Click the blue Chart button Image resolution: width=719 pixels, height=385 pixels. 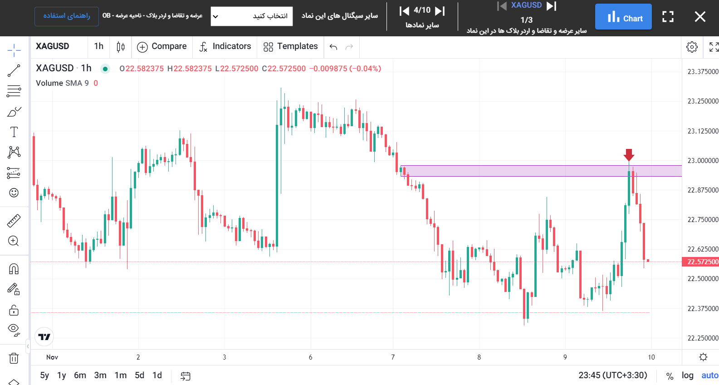(x=623, y=17)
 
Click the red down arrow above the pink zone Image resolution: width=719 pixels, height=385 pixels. (x=629, y=155)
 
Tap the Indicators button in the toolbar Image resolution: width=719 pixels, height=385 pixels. (x=225, y=46)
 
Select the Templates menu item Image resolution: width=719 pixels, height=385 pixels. (x=291, y=46)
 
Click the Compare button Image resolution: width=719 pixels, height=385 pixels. (x=162, y=46)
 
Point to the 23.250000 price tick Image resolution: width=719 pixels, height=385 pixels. (x=703, y=101)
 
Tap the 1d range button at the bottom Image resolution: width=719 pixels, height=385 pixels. (x=157, y=375)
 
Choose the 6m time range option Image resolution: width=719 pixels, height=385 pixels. (x=80, y=375)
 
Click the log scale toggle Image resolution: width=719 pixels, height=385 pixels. (x=687, y=375)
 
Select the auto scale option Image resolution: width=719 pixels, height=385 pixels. (x=709, y=375)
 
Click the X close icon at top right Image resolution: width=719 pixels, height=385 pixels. (x=700, y=17)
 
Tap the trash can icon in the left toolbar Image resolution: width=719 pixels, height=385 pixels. (x=14, y=359)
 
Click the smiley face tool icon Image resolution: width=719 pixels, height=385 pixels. (x=14, y=193)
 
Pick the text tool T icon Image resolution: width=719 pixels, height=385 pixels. (x=14, y=132)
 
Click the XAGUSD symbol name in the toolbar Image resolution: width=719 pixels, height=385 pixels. (x=53, y=46)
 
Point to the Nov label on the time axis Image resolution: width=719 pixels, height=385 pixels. (x=52, y=357)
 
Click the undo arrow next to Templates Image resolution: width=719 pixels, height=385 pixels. (x=333, y=47)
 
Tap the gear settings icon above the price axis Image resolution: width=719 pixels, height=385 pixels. (x=692, y=47)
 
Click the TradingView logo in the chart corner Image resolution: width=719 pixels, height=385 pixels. (x=44, y=337)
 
